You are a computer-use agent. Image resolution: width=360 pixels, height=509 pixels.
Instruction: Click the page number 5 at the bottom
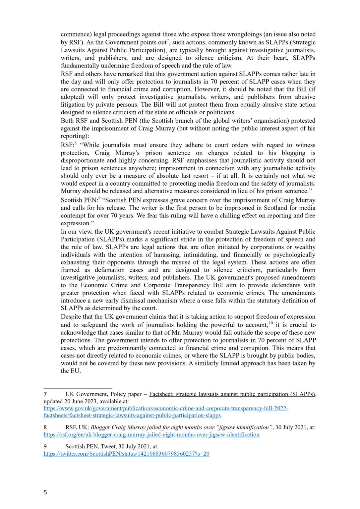[x=45, y=492]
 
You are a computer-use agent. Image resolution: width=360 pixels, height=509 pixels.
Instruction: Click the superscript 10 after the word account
[x=271, y=323]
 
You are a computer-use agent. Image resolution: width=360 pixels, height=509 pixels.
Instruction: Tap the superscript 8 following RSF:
[x=76, y=143]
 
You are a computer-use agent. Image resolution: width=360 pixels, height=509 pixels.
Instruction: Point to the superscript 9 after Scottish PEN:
[x=99, y=198]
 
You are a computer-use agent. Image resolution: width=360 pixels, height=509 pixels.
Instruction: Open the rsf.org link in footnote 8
[x=151, y=434]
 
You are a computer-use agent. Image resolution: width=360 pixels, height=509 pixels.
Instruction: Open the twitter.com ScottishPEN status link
[x=127, y=454]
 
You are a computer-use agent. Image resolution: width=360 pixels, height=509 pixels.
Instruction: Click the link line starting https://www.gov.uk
[x=166, y=408]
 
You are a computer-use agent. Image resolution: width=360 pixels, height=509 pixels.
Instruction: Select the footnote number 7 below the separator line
[x=45, y=394]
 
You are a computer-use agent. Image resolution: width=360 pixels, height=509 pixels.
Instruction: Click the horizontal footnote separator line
[x=78, y=388]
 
